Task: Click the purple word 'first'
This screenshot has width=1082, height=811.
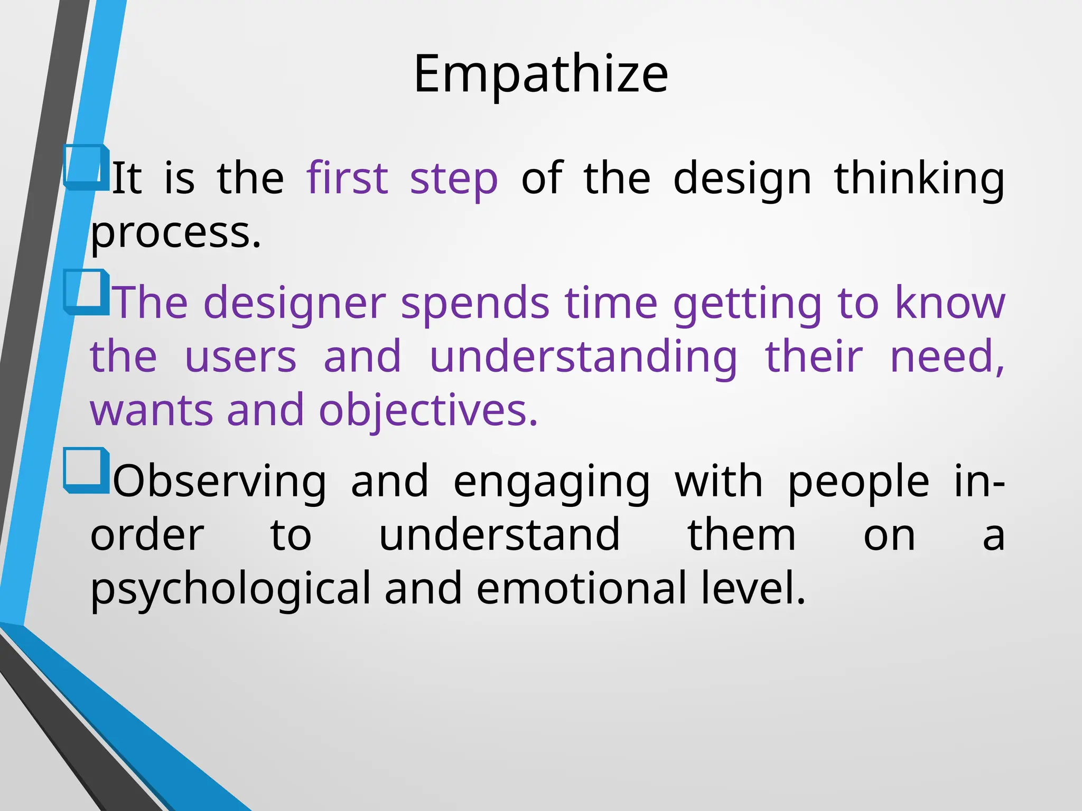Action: [347, 178]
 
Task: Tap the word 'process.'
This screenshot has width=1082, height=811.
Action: [176, 233]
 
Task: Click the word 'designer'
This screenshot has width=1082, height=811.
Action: [294, 304]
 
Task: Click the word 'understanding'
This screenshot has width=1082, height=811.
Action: [583, 358]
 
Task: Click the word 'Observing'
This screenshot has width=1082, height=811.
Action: [220, 482]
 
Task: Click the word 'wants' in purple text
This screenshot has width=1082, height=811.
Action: [152, 411]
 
